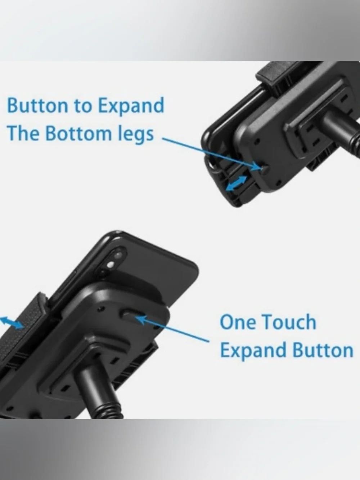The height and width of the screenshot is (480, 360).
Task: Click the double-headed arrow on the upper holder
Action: pos(236,184)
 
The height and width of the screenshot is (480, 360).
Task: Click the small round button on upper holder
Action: pos(265,168)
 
